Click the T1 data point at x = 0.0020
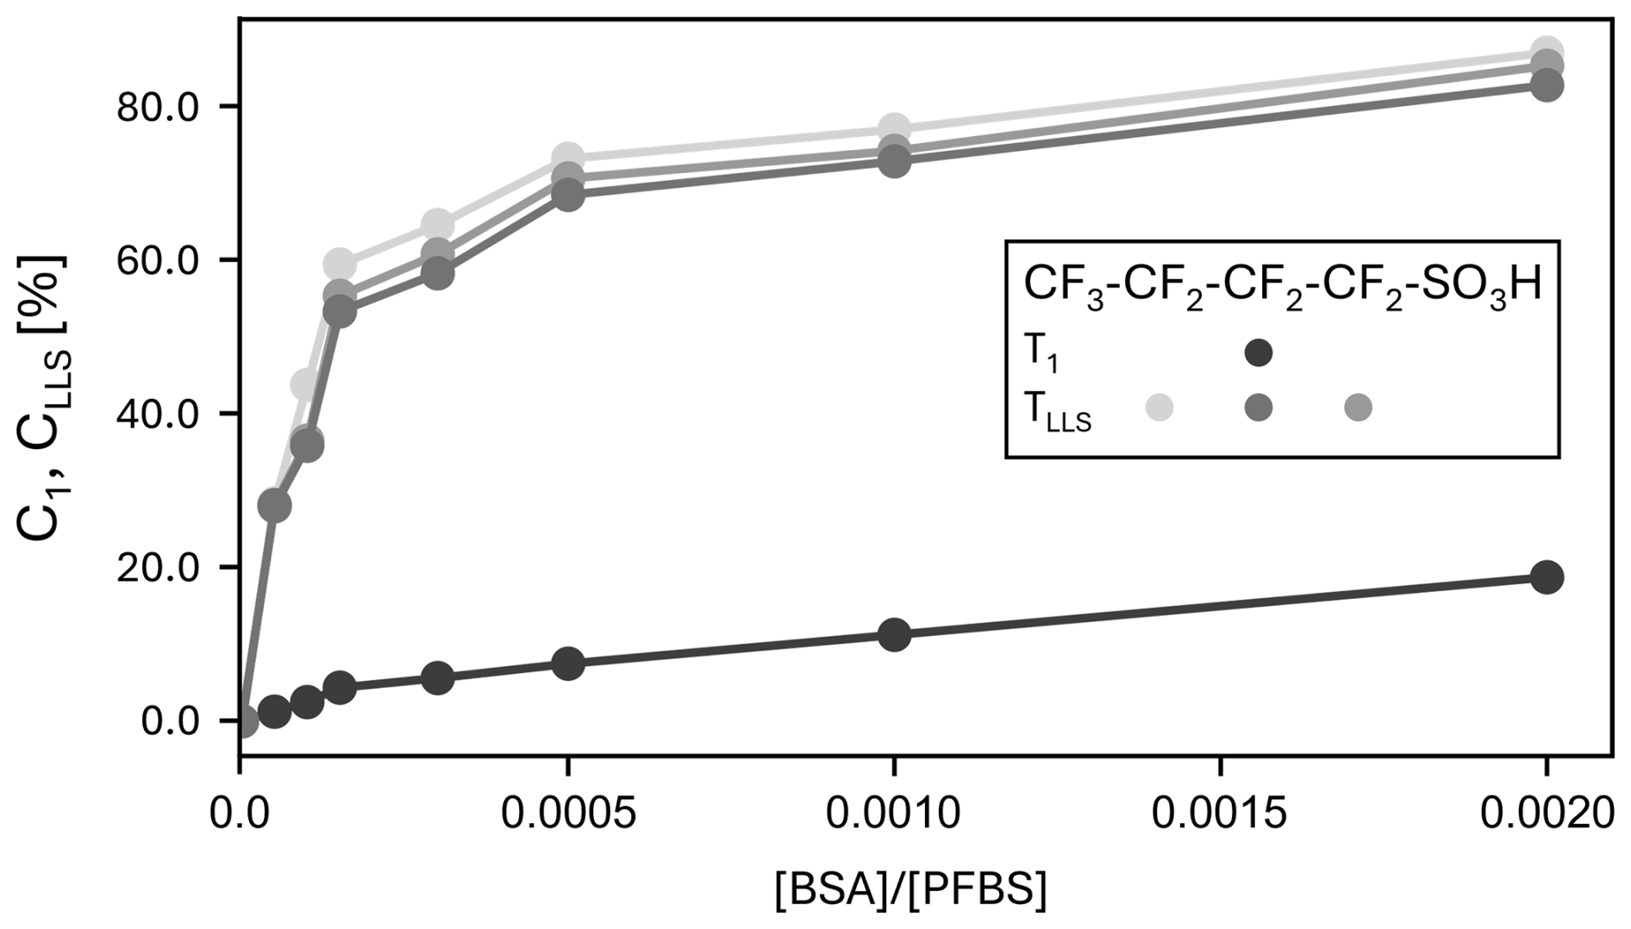coord(1547,577)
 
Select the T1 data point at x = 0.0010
coord(895,635)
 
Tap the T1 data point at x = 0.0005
coord(568,664)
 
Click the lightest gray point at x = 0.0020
coord(1547,52)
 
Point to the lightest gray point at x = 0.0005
coord(568,158)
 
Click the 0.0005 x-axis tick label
coord(568,814)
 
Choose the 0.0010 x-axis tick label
coord(894,814)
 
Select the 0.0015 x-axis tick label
coord(1221,814)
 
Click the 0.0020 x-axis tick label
coord(1547,814)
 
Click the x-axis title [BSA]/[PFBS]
coord(910,891)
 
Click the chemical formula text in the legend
coord(1282,287)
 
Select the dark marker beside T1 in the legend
coord(1259,352)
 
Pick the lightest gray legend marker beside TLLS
coord(1159,408)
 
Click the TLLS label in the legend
coord(1057,414)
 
